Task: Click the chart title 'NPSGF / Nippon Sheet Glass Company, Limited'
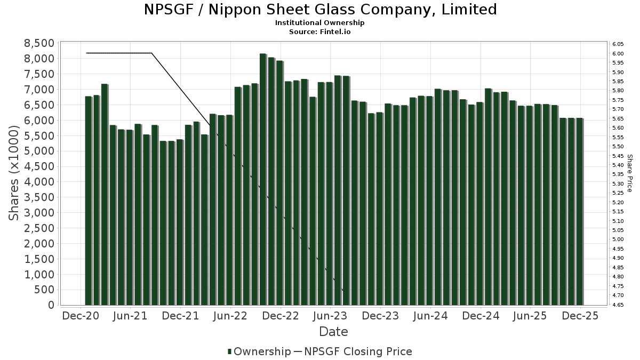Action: [320, 10]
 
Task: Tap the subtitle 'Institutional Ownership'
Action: [320, 23]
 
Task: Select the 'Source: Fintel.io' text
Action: [320, 32]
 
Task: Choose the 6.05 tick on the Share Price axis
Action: [618, 44]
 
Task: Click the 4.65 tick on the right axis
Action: [618, 305]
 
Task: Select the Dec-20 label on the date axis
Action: [81, 316]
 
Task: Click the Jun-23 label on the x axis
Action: [330, 316]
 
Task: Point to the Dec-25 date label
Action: [580, 316]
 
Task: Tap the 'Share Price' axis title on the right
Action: [630, 173]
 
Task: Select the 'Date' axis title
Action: [333, 332]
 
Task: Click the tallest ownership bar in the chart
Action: [263, 179]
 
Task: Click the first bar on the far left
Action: [88, 201]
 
